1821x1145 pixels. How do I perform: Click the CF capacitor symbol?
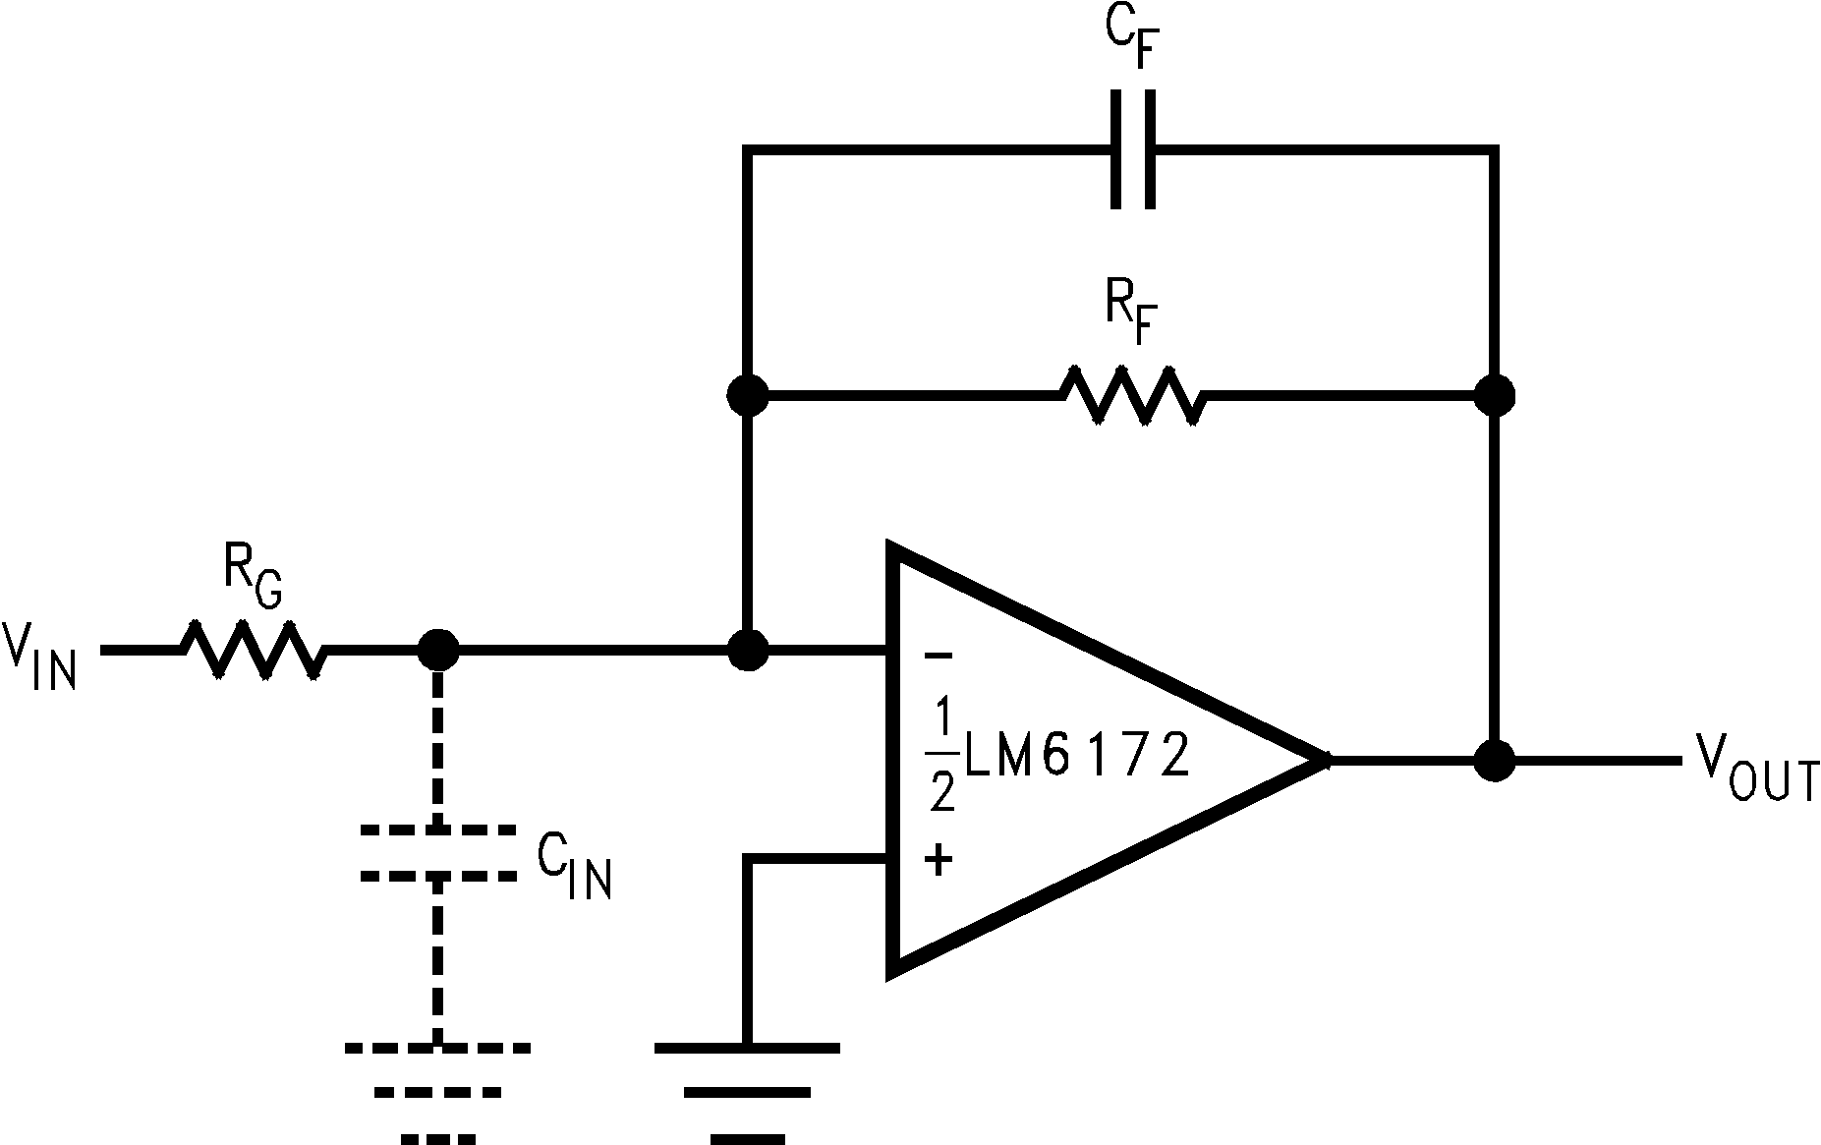[x=1132, y=149]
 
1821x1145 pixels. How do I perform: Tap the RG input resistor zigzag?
[x=252, y=650]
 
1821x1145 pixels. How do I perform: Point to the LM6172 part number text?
[x=1077, y=758]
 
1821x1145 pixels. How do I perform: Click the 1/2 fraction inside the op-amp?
[x=941, y=758]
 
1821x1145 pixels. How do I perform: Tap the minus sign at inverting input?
[x=939, y=656]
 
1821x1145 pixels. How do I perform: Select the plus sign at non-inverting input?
[x=939, y=862]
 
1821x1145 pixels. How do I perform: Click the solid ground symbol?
[x=747, y=1091]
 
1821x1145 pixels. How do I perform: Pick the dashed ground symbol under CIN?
[x=438, y=1091]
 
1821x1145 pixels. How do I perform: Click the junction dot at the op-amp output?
[x=1494, y=760]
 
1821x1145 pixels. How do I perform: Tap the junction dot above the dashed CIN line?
[x=438, y=650]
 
